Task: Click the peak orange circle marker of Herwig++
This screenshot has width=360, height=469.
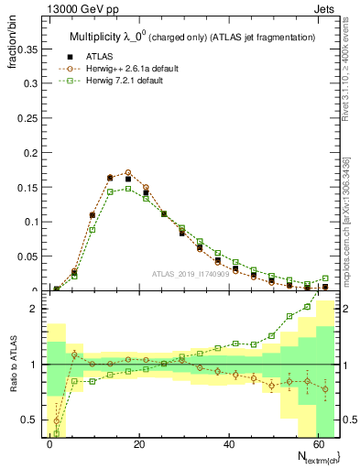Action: tap(128, 172)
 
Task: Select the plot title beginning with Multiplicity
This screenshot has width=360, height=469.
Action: tap(192, 36)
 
